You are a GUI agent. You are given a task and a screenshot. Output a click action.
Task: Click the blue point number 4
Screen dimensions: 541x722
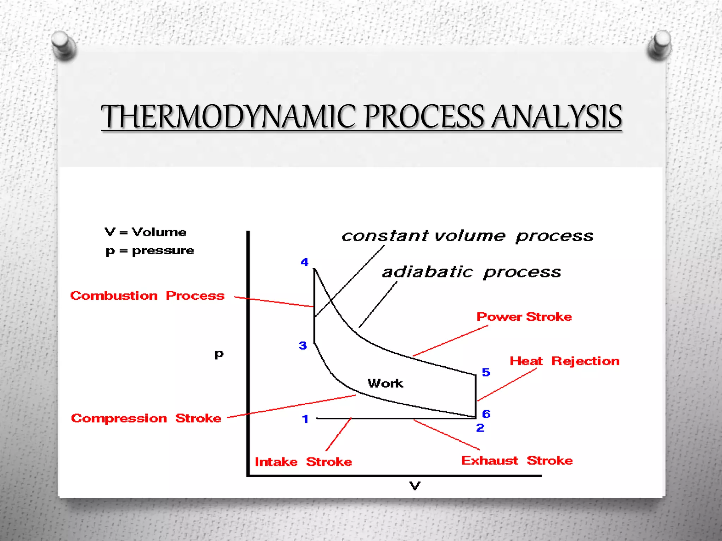point(305,262)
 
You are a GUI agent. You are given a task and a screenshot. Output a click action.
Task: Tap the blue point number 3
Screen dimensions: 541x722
point(303,346)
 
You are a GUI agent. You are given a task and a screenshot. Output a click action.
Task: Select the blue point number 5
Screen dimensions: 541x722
point(486,372)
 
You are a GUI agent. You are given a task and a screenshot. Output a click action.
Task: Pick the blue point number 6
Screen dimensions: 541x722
point(486,414)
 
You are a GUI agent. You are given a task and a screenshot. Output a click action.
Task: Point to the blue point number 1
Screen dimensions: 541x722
point(305,419)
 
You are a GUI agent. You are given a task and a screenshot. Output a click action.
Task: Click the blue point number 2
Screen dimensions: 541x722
point(480,428)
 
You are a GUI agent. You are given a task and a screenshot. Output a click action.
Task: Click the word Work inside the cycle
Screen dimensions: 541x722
point(385,383)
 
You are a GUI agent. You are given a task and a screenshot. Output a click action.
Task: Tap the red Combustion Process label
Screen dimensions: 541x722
point(147,296)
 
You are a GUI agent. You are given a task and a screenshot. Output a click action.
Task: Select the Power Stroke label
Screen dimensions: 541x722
point(524,317)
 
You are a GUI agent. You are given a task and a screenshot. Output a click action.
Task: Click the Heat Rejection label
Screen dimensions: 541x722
point(564,361)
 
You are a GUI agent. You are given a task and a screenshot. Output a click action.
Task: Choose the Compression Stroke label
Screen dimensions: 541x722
point(146,418)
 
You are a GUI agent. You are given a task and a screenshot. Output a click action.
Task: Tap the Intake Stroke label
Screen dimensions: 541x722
point(303,462)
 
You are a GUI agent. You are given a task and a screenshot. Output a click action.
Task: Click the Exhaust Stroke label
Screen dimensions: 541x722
point(517,460)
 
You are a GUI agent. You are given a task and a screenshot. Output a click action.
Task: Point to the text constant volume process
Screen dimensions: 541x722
point(467,236)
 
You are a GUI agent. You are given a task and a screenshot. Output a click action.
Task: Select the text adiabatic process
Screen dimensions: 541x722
point(471,272)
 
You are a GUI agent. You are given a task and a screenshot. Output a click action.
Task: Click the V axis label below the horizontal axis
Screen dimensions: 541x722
point(415,486)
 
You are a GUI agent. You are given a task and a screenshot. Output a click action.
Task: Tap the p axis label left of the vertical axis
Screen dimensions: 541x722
point(219,354)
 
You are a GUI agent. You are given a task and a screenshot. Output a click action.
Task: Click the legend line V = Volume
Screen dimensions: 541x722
point(146,232)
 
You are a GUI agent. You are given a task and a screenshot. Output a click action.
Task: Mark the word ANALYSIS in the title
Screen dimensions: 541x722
point(557,117)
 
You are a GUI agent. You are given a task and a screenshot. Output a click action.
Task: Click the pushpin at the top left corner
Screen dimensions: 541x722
point(63,45)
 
